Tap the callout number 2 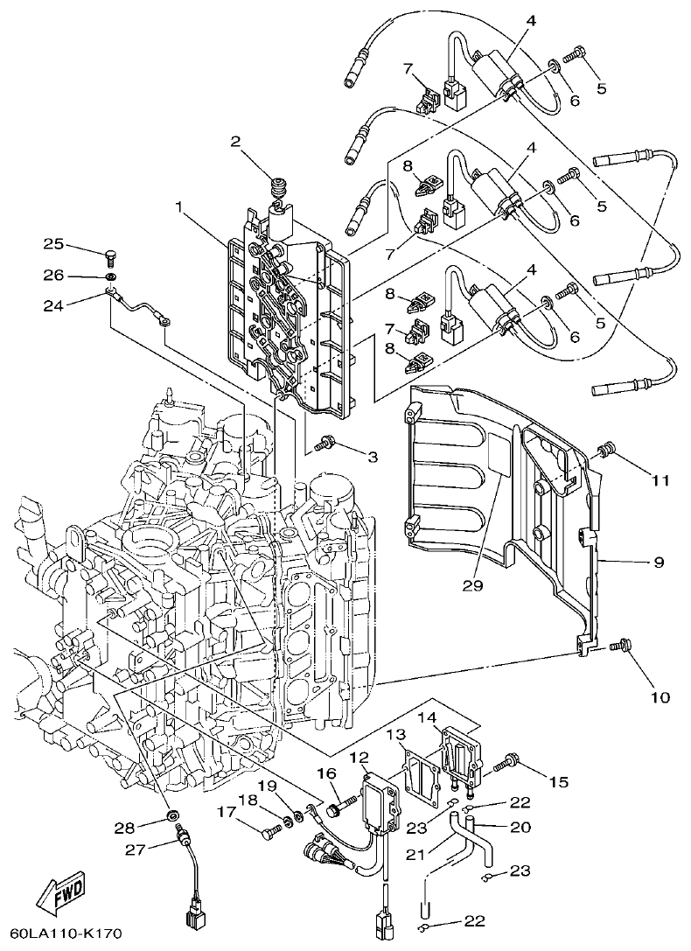tap(235, 142)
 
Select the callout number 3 tap(372, 457)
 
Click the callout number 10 tap(659, 697)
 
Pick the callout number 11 tap(659, 480)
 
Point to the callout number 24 tap(54, 305)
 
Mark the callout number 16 tap(326, 773)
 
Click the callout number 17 tap(227, 812)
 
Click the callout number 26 tap(54, 275)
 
